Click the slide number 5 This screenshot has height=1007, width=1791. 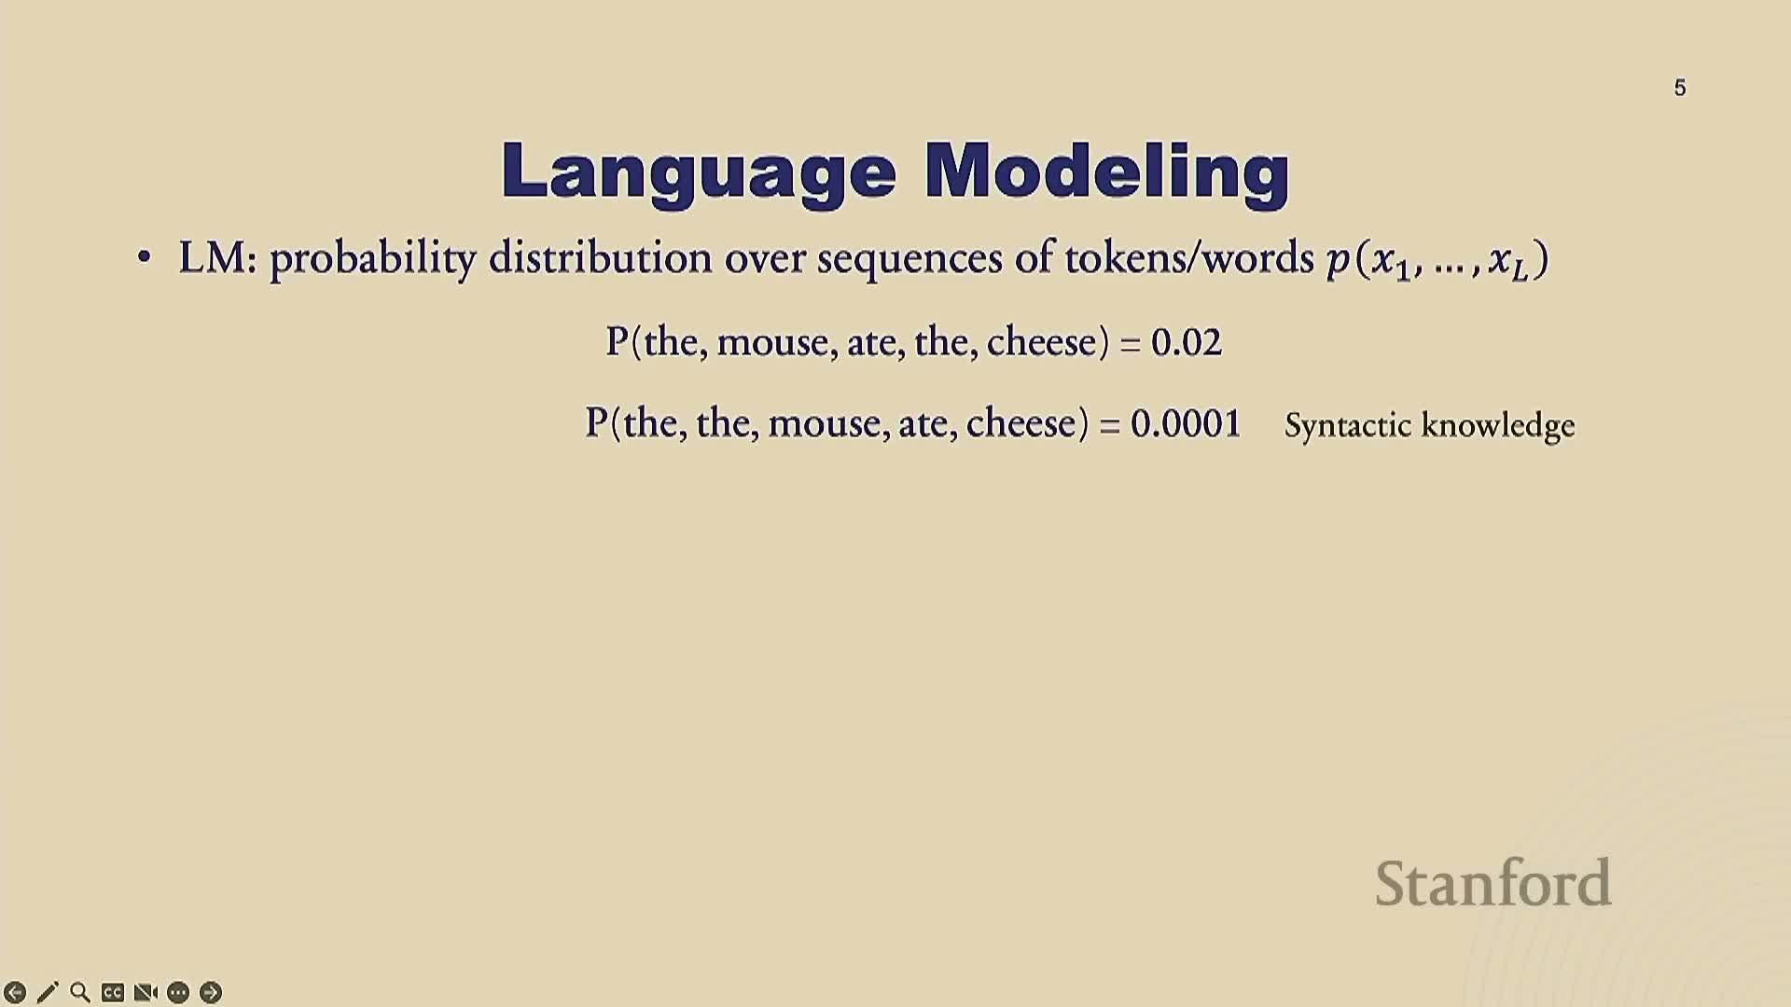pyautogui.click(x=1680, y=88)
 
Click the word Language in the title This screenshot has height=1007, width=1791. pyautogui.click(x=699, y=172)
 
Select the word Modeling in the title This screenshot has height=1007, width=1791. pyautogui.click(x=1107, y=172)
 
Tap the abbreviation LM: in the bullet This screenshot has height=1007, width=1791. pyautogui.click(x=217, y=257)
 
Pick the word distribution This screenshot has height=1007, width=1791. pyautogui.click(x=601, y=256)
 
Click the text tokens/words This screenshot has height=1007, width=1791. pyautogui.click(x=1189, y=256)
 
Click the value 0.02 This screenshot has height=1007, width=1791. pyautogui.click(x=1186, y=342)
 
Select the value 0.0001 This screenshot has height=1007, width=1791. pyautogui.click(x=1186, y=423)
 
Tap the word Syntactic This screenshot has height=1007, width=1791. pyautogui.click(x=1348, y=426)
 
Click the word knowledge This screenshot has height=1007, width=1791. pyautogui.click(x=1498, y=426)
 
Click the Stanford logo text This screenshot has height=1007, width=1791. pyautogui.click(x=1493, y=883)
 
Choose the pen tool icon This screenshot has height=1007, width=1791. pyautogui.click(x=48, y=992)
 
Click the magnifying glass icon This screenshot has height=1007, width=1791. pyautogui.click(x=80, y=992)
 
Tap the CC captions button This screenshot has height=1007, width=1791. pyautogui.click(x=113, y=992)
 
